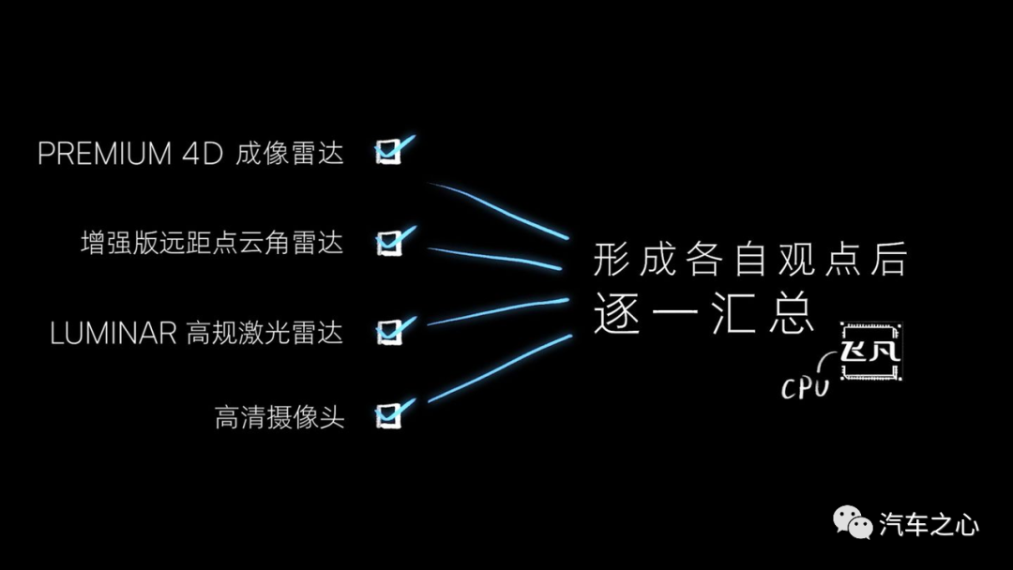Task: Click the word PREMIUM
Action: (x=105, y=154)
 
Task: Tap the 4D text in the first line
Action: (x=203, y=154)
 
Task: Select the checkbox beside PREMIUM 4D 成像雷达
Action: (x=388, y=152)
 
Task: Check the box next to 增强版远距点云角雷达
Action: (x=388, y=243)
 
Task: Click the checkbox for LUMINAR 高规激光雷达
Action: (x=388, y=333)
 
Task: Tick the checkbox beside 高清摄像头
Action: (x=388, y=415)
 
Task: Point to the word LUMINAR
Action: (x=113, y=334)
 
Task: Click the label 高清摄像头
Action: (x=280, y=417)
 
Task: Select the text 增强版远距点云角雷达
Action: (x=212, y=244)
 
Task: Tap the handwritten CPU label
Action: (x=805, y=388)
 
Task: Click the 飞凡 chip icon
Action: (x=870, y=352)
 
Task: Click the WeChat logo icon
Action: (x=852, y=522)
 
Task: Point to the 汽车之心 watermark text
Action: (x=929, y=524)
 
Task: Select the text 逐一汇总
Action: (x=703, y=312)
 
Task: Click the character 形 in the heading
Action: (x=612, y=259)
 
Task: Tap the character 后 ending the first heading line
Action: (x=889, y=259)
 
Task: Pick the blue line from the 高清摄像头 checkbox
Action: (x=500, y=367)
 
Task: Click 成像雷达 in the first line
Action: (x=290, y=154)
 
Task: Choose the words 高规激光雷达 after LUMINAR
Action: (x=265, y=334)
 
